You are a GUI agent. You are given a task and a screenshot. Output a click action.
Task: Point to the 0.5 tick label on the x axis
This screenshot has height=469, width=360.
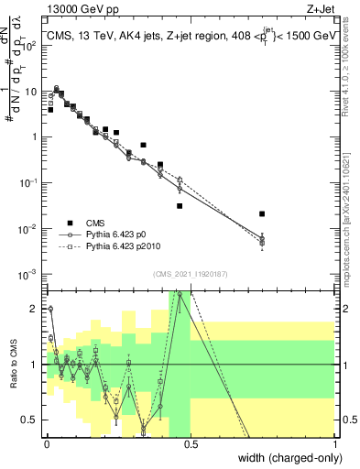(x=191, y=444)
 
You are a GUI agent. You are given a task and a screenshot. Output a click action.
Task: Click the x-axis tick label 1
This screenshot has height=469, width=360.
(x=336, y=444)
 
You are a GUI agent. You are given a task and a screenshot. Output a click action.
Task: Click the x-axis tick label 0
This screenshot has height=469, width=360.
(x=47, y=444)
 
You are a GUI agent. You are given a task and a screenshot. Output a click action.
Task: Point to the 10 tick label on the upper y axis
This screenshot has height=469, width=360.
(x=32, y=92)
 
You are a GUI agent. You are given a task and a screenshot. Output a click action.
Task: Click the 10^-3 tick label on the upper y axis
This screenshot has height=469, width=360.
(x=30, y=274)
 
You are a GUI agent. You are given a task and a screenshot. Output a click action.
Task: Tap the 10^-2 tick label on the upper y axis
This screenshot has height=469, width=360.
(x=30, y=228)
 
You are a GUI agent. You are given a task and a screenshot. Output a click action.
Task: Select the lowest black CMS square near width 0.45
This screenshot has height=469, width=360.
(x=180, y=206)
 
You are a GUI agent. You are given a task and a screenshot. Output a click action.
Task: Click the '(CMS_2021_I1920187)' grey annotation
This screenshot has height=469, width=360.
(x=190, y=274)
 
